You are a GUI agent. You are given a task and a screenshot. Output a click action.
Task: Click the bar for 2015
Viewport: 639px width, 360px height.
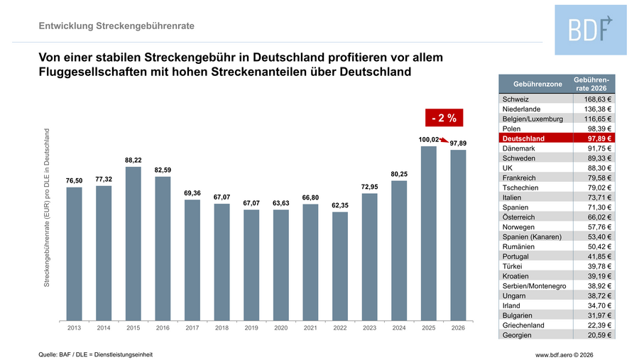(x=133, y=243)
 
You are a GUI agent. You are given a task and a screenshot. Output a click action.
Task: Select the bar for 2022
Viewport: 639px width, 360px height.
(x=340, y=266)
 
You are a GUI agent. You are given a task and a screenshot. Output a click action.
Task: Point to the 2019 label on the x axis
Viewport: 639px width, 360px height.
(x=251, y=328)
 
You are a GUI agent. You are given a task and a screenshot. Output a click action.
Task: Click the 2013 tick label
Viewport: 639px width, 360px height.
(x=74, y=328)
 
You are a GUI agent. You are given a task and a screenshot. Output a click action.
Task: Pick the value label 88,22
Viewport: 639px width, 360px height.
(x=133, y=160)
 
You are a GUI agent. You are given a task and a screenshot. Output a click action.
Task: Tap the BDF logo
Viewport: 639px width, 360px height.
(x=591, y=29)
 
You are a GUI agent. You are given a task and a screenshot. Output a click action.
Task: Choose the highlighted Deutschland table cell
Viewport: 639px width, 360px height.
(x=523, y=138)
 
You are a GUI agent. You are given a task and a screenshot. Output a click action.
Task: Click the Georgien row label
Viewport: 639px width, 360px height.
(x=518, y=334)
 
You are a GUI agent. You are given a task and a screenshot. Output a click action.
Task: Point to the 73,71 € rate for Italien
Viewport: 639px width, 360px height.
(x=597, y=197)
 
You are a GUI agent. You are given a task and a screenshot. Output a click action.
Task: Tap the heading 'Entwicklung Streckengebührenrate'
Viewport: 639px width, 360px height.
(x=116, y=26)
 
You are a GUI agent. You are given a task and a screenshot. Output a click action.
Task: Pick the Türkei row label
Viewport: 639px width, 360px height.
(x=513, y=266)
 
